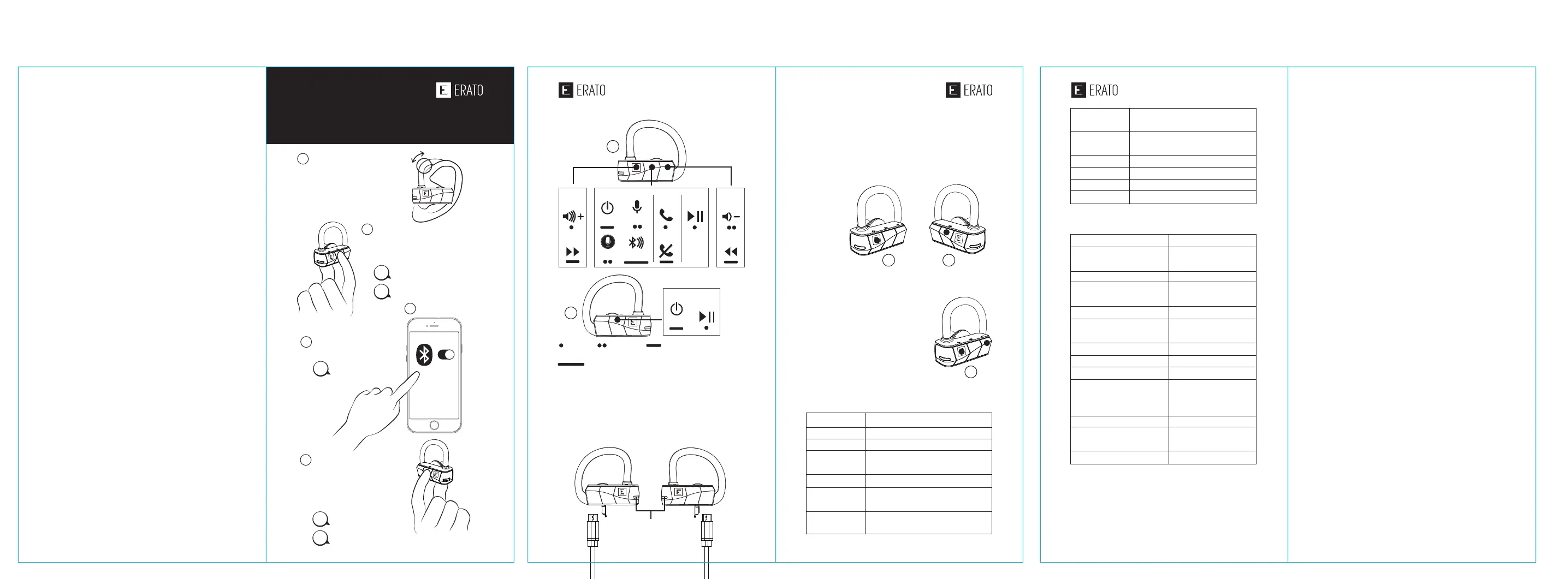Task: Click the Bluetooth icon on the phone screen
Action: pyautogui.click(x=424, y=355)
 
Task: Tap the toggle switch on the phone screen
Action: pyautogui.click(x=446, y=354)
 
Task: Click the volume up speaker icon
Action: pyautogui.click(x=573, y=216)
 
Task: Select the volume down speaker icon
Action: pyautogui.click(x=731, y=216)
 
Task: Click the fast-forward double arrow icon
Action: pyautogui.click(x=573, y=252)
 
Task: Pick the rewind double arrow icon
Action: pyautogui.click(x=731, y=252)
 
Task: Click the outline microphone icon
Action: pyautogui.click(x=637, y=207)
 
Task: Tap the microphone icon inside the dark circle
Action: pyautogui.click(x=608, y=242)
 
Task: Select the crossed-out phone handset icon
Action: pyautogui.click(x=666, y=250)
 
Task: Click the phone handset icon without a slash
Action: pyautogui.click(x=666, y=215)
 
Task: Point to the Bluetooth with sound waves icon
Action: pyautogui.click(x=636, y=242)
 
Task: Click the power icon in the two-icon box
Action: pyautogui.click(x=677, y=309)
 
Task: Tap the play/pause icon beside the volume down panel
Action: pyautogui.click(x=695, y=216)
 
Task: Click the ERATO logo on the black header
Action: pyautogui.click(x=460, y=91)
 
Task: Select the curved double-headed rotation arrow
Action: pyautogui.click(x=418, y=157)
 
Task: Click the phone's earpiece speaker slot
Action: pyautogui.click(x=435, y=326)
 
